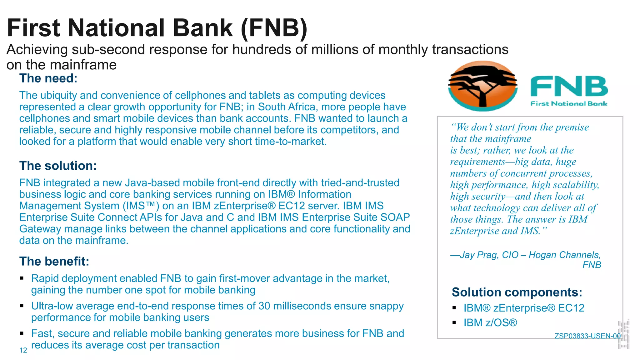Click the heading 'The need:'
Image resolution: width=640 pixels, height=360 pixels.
pos(48,78)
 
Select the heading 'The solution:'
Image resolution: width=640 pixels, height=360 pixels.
pos(58,166)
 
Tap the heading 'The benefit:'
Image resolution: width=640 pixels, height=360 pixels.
pos(54,262)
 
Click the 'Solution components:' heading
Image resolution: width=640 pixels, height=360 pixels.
pos(517,292)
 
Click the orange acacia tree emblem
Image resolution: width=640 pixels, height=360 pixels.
pos(482,86)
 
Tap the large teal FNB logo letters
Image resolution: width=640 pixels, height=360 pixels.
pos(569,87)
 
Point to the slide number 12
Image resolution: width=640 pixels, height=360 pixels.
pos(23,350)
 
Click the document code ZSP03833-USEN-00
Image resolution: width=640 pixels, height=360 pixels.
pos(587,336)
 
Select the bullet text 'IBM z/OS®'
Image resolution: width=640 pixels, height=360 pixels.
pos(490,323)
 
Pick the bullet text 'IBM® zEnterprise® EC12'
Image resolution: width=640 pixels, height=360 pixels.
pos(524,308)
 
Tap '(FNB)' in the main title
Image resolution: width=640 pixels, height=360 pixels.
pos(274,28)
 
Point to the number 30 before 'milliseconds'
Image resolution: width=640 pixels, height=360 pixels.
pos(264,306)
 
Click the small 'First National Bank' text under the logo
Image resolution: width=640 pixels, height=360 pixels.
pos(568,104)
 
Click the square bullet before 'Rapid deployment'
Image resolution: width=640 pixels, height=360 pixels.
pos(22,278)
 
